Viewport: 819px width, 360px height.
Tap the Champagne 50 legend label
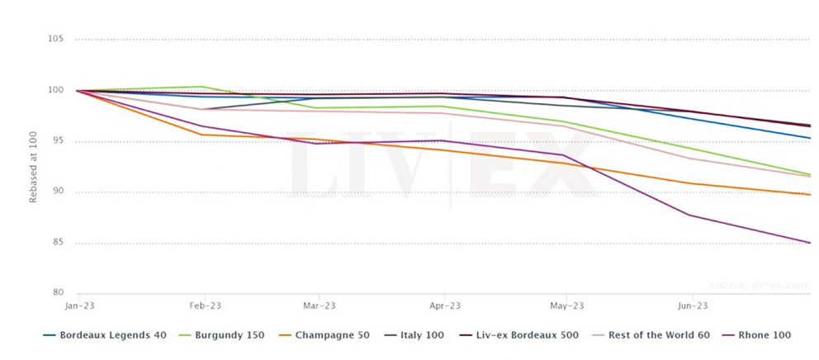(x=330, y=335)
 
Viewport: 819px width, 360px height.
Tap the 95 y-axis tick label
(x=57, y=141)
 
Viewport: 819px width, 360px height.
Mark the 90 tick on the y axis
(x=57, y=192)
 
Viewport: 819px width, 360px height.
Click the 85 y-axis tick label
(x=57, y=243)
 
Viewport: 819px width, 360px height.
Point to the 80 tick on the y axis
(x=57, y=293)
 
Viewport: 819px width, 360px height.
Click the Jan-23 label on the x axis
(x=77, y=306)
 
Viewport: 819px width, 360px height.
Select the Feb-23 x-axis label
(x=202, y=306)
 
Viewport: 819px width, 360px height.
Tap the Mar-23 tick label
(x=319, y=306)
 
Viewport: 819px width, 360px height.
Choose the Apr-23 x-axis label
(x=445, y=306)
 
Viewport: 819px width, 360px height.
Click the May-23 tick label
(x=566, y=306)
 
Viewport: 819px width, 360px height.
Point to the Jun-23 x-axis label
(x=692, y=306)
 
